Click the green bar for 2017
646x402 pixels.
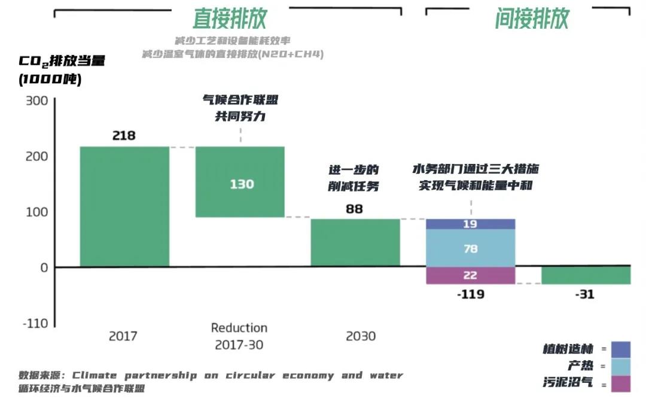tap(124, 206)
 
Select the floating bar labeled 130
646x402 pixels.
tap(240, 182)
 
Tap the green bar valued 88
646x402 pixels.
tap(355, 242)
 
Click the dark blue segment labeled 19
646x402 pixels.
tap(471, 224)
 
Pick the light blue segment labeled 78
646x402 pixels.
tap(471, 248)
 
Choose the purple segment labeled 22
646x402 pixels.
tap(471, 275)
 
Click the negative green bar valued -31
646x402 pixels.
tap(586, 275)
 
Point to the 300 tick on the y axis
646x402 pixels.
tap(36, 100)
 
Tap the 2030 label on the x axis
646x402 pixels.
tap(361, 336)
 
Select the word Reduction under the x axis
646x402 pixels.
tap(239, 328)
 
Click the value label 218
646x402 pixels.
tap(124, 136)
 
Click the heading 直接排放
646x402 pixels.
tap(230, 19)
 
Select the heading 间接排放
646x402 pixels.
tap(532, 19)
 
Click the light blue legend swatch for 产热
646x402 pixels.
tap(621, 366)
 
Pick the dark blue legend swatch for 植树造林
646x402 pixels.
tap(621, 349)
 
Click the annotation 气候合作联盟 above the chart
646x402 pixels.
tap(240, 100)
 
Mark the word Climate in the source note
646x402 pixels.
tap(95, 376)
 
